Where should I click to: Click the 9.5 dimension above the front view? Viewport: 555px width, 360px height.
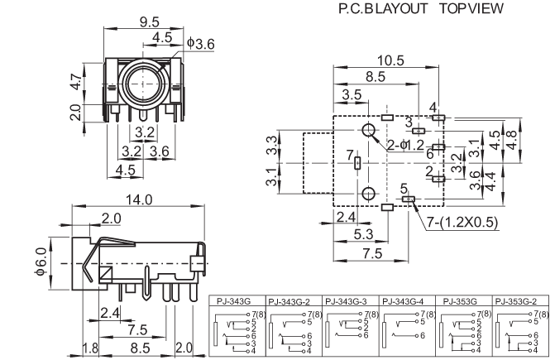tap(149, 22)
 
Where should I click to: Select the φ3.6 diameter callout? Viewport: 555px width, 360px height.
tap(201, 41)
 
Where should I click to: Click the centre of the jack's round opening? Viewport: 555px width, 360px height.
tap(147, 84)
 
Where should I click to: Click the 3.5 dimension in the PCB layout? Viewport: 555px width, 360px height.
tap(352, 96)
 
